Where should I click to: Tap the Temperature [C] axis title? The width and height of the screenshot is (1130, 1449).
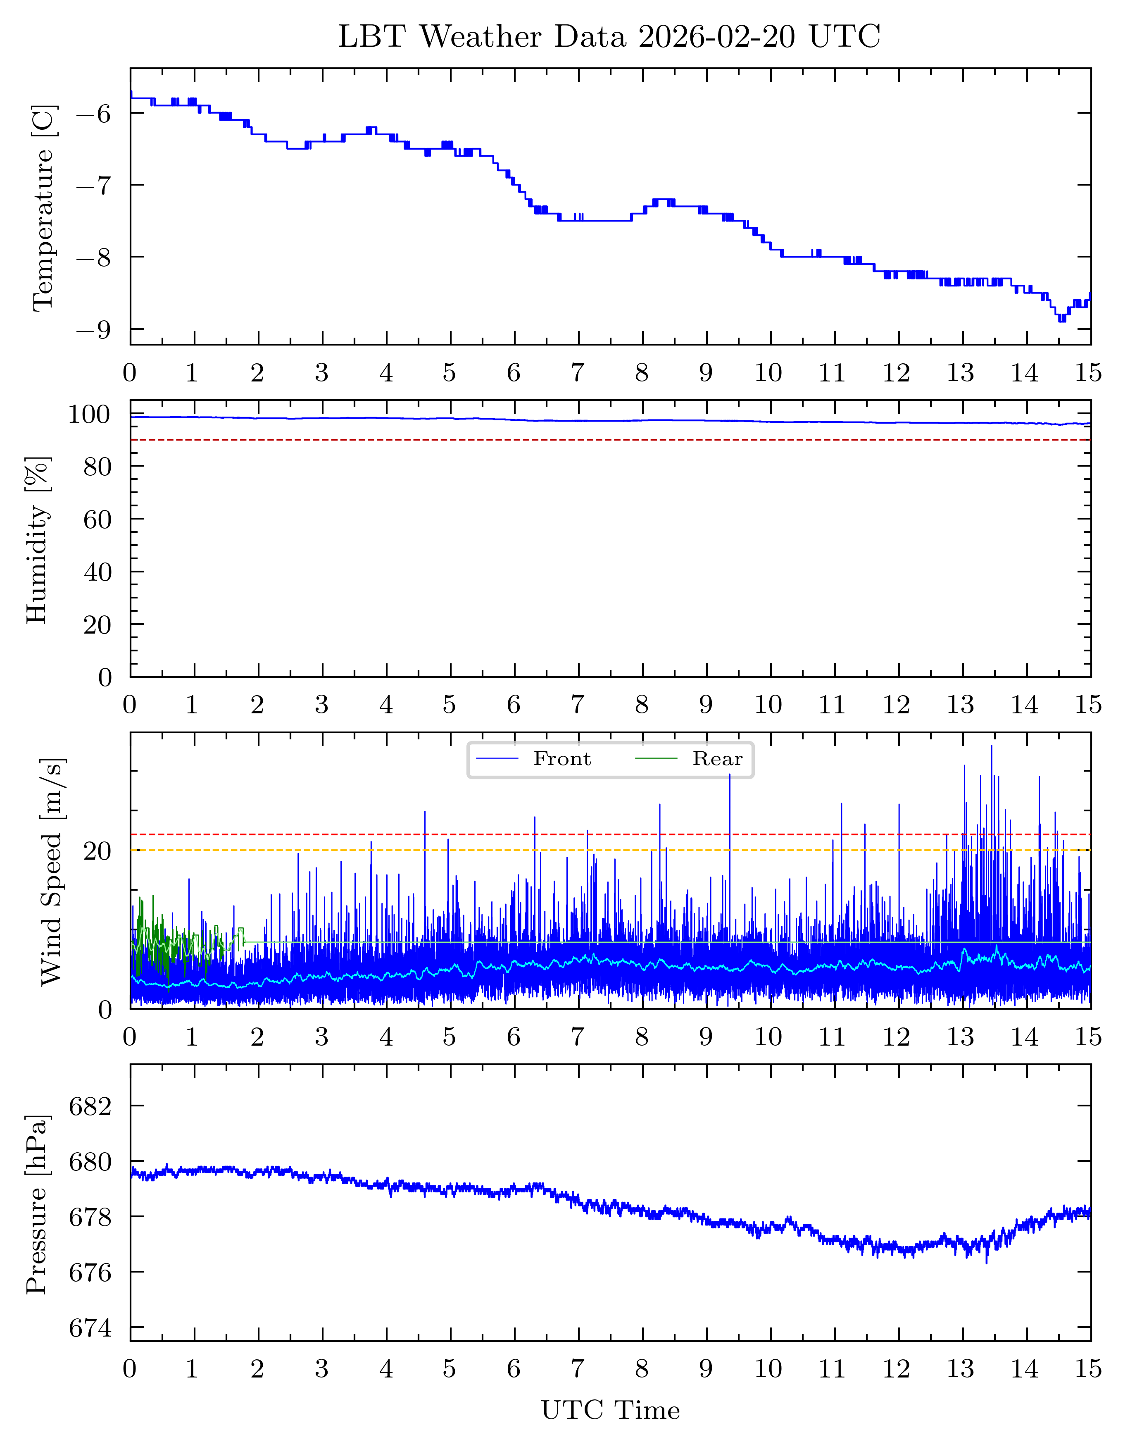pyautogui.click(x=43, y=207)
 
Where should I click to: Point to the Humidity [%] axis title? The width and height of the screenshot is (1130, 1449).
pyautogui.click(x=37, y=539)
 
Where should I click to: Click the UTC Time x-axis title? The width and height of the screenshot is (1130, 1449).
pyautogui.click(x=610, y=1410)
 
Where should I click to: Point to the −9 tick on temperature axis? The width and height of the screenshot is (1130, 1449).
pyautogui.click(x=93, y=330)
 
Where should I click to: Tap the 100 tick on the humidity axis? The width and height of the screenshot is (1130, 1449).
pyautogui.click(x=88, y=415)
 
